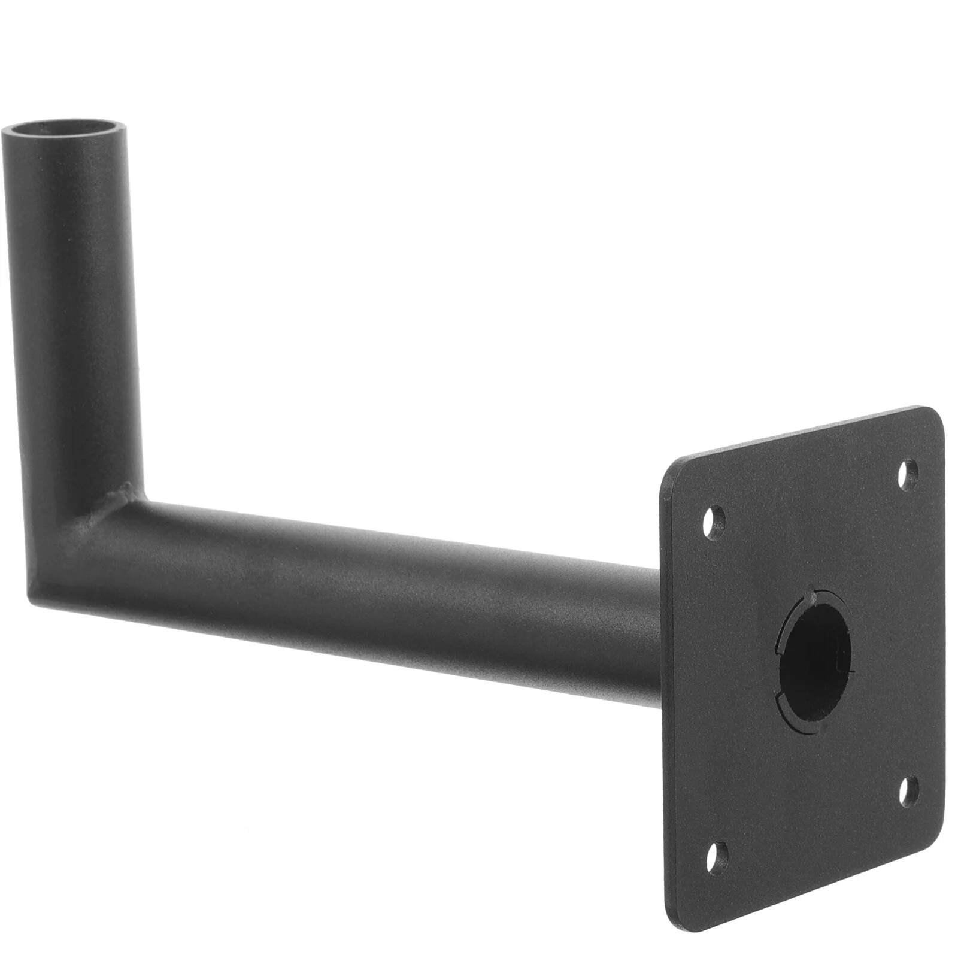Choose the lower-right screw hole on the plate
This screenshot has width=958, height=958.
coord(909,789)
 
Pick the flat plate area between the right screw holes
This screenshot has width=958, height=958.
coord(910,629)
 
